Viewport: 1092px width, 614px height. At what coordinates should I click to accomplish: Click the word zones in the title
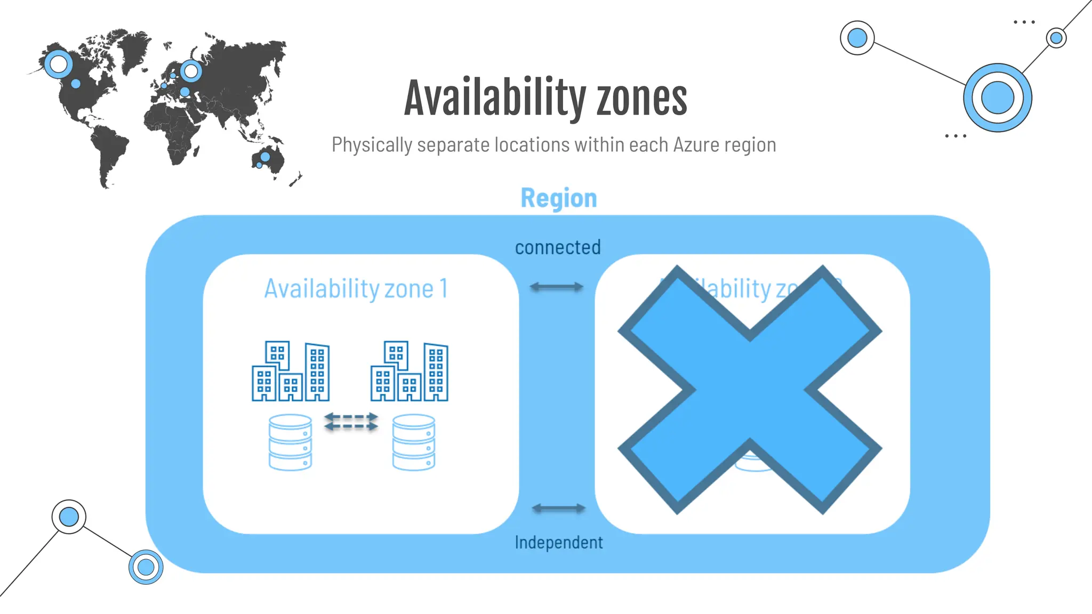tap(641, 98)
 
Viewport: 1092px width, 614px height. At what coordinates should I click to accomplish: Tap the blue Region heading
tap(558, 198)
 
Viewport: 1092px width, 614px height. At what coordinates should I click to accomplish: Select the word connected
tap(558, 247)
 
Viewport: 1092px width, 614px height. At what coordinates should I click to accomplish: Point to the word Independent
tap(558, 543)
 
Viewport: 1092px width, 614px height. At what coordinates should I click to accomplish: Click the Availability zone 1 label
tap(356, 289)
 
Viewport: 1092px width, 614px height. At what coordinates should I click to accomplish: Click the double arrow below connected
tap(556, 287)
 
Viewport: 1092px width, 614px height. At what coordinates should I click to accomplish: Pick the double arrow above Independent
tap(558, 508)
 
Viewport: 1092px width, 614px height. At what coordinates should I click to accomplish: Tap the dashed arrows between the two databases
tap(351, 422)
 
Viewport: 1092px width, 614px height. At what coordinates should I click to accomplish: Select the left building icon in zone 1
tap(291, 371)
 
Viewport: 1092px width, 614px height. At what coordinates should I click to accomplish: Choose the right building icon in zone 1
tap(409, 371)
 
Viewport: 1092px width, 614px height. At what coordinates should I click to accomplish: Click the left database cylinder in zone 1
tap(290, 442)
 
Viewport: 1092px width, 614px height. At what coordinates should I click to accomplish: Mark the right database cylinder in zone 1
tap(414, 442)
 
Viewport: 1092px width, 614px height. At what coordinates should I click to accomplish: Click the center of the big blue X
tap(750, 390)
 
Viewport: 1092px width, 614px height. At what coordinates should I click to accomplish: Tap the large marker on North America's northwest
tap(58, 64)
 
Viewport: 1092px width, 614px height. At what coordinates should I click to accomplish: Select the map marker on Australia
tap(265, 157)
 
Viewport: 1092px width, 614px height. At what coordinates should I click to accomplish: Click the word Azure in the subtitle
tap(696, 145)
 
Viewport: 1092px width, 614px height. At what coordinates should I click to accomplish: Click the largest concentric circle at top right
tap(997, 98)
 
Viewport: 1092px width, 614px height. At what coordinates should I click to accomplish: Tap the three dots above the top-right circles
tap(1024, 22)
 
